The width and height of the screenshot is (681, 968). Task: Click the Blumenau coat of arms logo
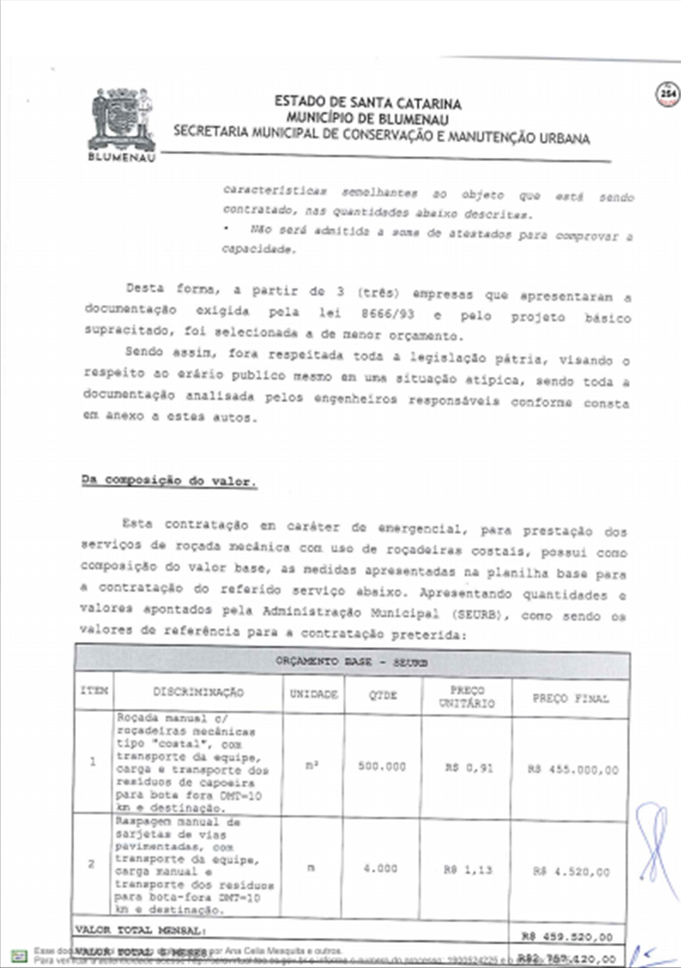tap(122, 121)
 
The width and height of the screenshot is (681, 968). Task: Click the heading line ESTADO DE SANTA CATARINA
tap(368, 103)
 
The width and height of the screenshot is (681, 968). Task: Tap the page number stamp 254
tap(668, 94)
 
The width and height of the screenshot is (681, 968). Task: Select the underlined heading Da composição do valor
tap(169, 481)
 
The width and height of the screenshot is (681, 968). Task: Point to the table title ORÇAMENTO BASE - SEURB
tap(352, 662)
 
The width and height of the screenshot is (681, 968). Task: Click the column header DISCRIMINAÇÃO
tap(198, 692)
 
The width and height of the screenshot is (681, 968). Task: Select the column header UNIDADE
tap(314, 694)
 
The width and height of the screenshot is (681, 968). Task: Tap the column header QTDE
tap(382, 695)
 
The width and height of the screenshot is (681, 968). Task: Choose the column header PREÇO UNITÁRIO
tap(467, 697)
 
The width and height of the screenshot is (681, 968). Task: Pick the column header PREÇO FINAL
tap(570, 698)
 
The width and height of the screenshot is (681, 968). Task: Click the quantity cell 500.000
tap(382, 766)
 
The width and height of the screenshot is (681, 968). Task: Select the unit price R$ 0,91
tap(469, 768)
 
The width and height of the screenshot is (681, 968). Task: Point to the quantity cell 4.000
tap(380, 868)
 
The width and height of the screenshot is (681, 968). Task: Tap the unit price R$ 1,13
tap(468, 870)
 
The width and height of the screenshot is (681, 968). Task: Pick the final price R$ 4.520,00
tap(571, 872)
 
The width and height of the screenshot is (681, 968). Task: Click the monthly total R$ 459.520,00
tap(567, 937)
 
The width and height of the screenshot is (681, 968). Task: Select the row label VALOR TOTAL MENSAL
tap(140, 930)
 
